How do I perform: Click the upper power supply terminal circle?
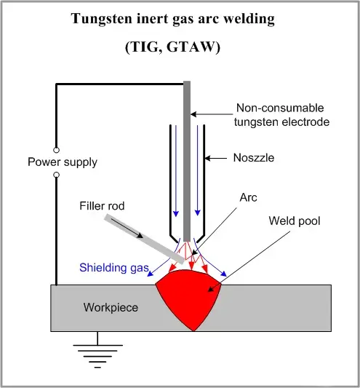click(x=55, y=149)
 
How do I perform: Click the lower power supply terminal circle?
click(x=55, y=175)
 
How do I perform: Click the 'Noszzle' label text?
click(x=255, y=157)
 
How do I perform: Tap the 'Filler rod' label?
click(x=101, y=206)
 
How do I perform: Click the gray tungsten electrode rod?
click(x=188, y=160)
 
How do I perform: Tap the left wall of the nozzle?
click(x=171, y=182)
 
